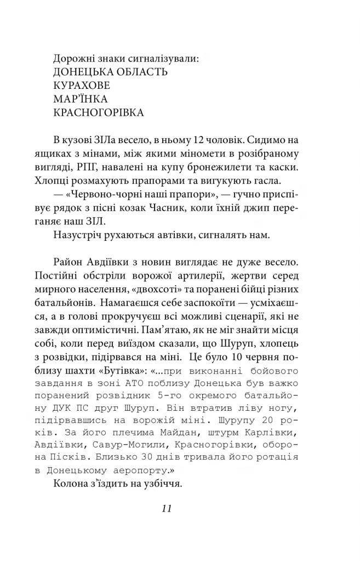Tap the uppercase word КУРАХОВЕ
point(82,86)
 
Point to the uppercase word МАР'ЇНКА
point(81,99)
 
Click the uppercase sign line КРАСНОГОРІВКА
point(99,113)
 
